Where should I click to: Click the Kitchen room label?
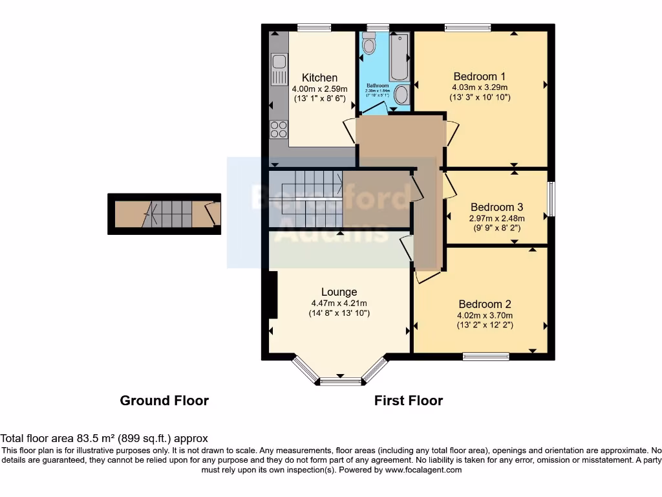[x=319, y=78]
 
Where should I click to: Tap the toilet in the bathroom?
[x=369, y=43]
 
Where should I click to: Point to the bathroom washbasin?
[x=401, y=95]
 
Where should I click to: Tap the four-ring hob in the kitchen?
[x=279, y=129]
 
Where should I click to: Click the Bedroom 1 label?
[x=479, y=76]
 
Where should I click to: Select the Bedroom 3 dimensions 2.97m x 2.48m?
[x=496, y=218]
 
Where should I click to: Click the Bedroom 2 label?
[x=485, y=304]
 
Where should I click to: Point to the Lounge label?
[x=339, y=293]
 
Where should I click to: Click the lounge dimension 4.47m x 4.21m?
[x=339, y=303]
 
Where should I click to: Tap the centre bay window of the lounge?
[x=341, y=382]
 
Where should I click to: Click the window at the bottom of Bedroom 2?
[x=486, y=355]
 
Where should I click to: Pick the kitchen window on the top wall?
[x=314, y=27]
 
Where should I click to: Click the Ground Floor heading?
[x=164, y=401]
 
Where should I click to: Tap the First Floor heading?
[x=409, y=401]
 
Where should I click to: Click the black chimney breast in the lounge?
[x=273, y=295]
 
